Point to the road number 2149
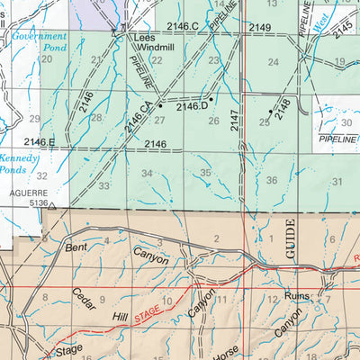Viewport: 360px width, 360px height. tap(260, 28)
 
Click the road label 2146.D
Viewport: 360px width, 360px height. tap(193, 107)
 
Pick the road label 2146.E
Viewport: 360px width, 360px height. tap(40, 142)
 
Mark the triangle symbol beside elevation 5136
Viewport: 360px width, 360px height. tap(52, 206)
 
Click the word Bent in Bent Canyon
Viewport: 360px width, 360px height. tap(76, 246)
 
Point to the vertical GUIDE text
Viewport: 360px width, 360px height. tap(291, 239)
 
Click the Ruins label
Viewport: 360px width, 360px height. tap(296, 295)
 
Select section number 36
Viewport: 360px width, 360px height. tap(271, 181)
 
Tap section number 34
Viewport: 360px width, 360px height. tap(147, 173)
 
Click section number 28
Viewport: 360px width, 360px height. tap(96, 118)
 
